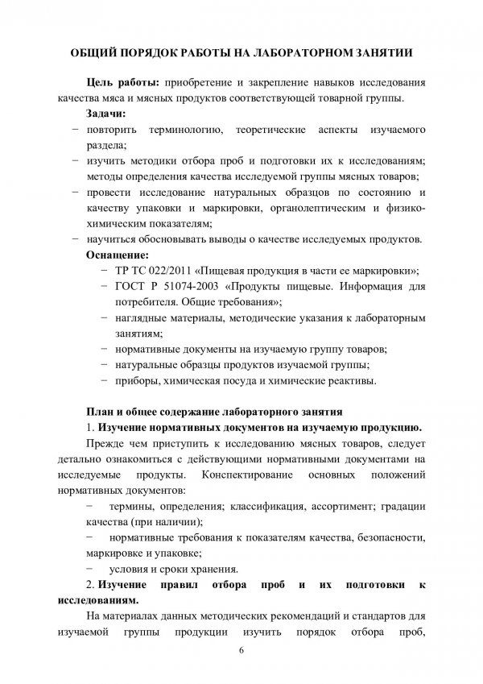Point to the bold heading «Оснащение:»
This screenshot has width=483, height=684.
click(118, 254)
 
